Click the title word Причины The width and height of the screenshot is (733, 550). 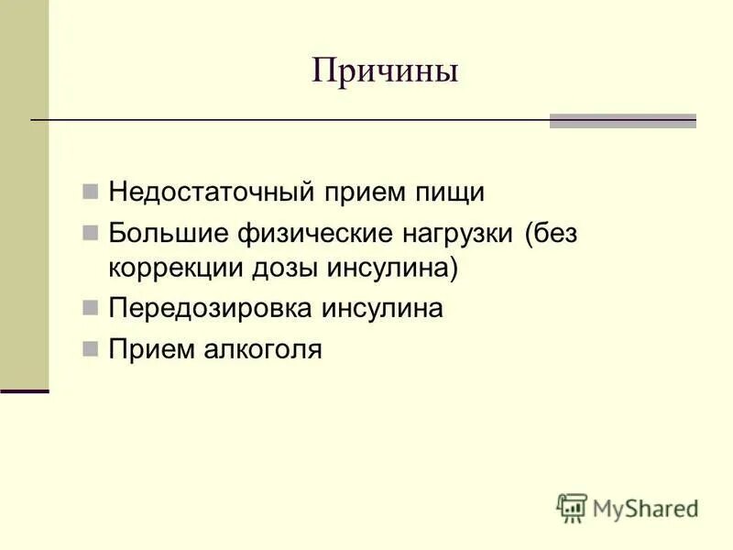pos(384,71)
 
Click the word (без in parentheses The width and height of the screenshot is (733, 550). pos(552,233)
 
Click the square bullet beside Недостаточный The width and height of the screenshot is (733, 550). pos(90,193)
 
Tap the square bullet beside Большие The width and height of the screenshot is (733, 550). pos(90,233)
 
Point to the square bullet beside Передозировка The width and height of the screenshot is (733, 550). pos(90,309)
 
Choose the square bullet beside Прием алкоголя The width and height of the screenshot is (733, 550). pos(90,349)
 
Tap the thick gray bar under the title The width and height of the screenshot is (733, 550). pos(622,121)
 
